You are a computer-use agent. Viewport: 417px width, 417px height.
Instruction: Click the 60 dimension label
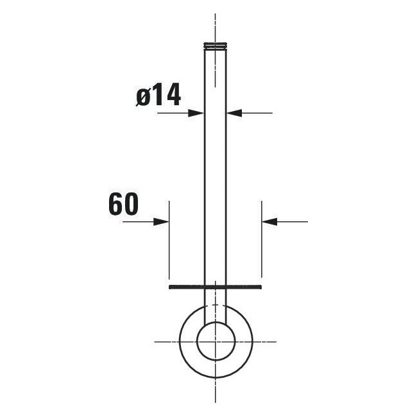[123, 205]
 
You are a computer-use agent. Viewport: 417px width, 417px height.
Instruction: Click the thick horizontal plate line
[215, 287]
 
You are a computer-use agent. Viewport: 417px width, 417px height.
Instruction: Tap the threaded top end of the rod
[215, 46]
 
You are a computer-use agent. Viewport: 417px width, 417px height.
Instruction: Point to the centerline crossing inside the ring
[215, 341]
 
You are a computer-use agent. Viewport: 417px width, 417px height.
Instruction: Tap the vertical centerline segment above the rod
[215, 26]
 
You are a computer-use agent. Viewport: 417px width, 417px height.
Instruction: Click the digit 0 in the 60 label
[130, 205]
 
